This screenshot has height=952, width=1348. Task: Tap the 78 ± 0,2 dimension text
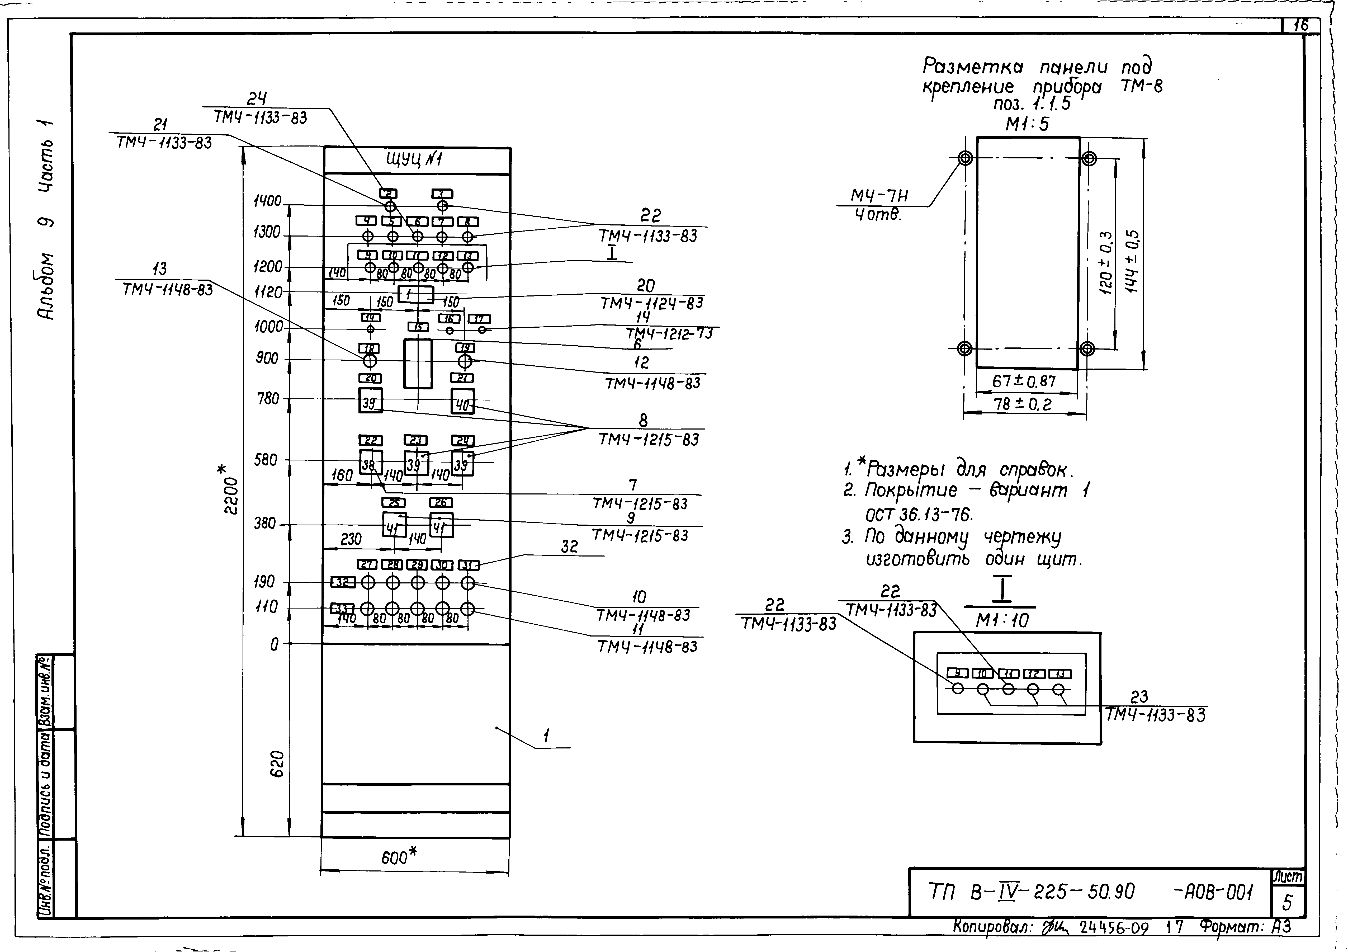coord(1022,404)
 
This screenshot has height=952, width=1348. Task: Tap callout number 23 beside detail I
coord(1139,697)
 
